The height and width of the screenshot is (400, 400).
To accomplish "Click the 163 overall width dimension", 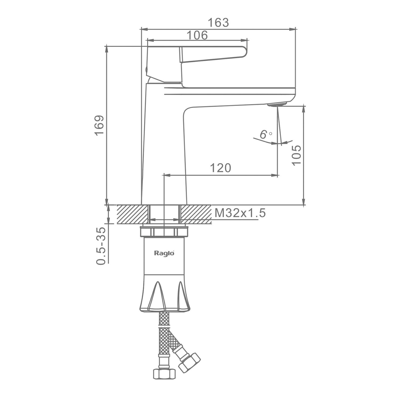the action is pyautogui.click(x=218, y=23).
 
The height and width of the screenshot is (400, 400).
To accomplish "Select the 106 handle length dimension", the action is pyautogui.click(x=197, y=35).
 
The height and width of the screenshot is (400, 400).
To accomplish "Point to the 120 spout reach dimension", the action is pyautogui.click(x=221, y=168).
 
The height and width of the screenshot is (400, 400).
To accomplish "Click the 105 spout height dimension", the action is pyautogui.click(x=296, y=155).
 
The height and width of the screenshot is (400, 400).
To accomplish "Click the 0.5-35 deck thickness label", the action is pyautogui.click(x=101, y=246).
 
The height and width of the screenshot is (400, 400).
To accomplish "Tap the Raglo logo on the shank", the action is pyautogui.click(x=164, y=253).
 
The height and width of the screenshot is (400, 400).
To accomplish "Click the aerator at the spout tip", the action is pyautogui.click(x=277, y=104).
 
